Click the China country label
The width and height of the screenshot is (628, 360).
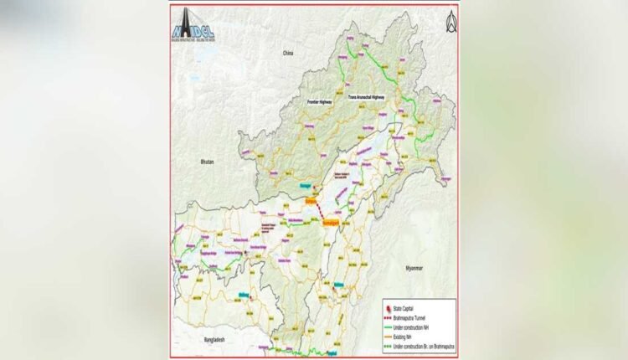(289, 53)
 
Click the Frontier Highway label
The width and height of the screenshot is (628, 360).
(319, 101)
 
